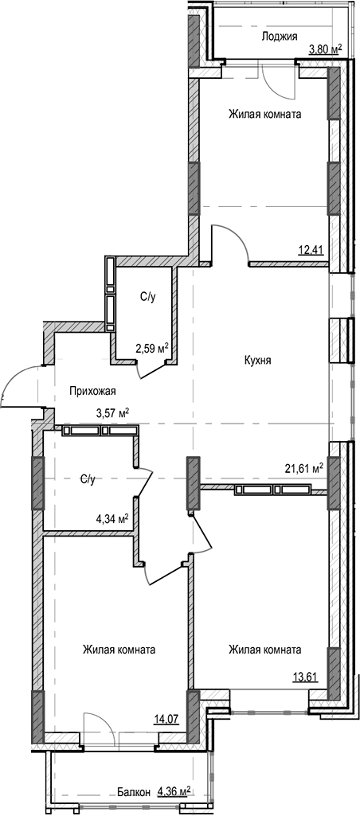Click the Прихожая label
coord(93,390)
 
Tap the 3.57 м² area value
coord(112,412)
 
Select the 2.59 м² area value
coord(151,348)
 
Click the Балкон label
coord(132,792)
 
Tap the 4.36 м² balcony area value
coord(174,791)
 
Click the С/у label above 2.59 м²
coord(148,297)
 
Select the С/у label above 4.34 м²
coord(88,479)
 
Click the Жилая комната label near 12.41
coord(264,115)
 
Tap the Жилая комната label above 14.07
coord(119,650)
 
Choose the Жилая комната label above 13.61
coord(264,650)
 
